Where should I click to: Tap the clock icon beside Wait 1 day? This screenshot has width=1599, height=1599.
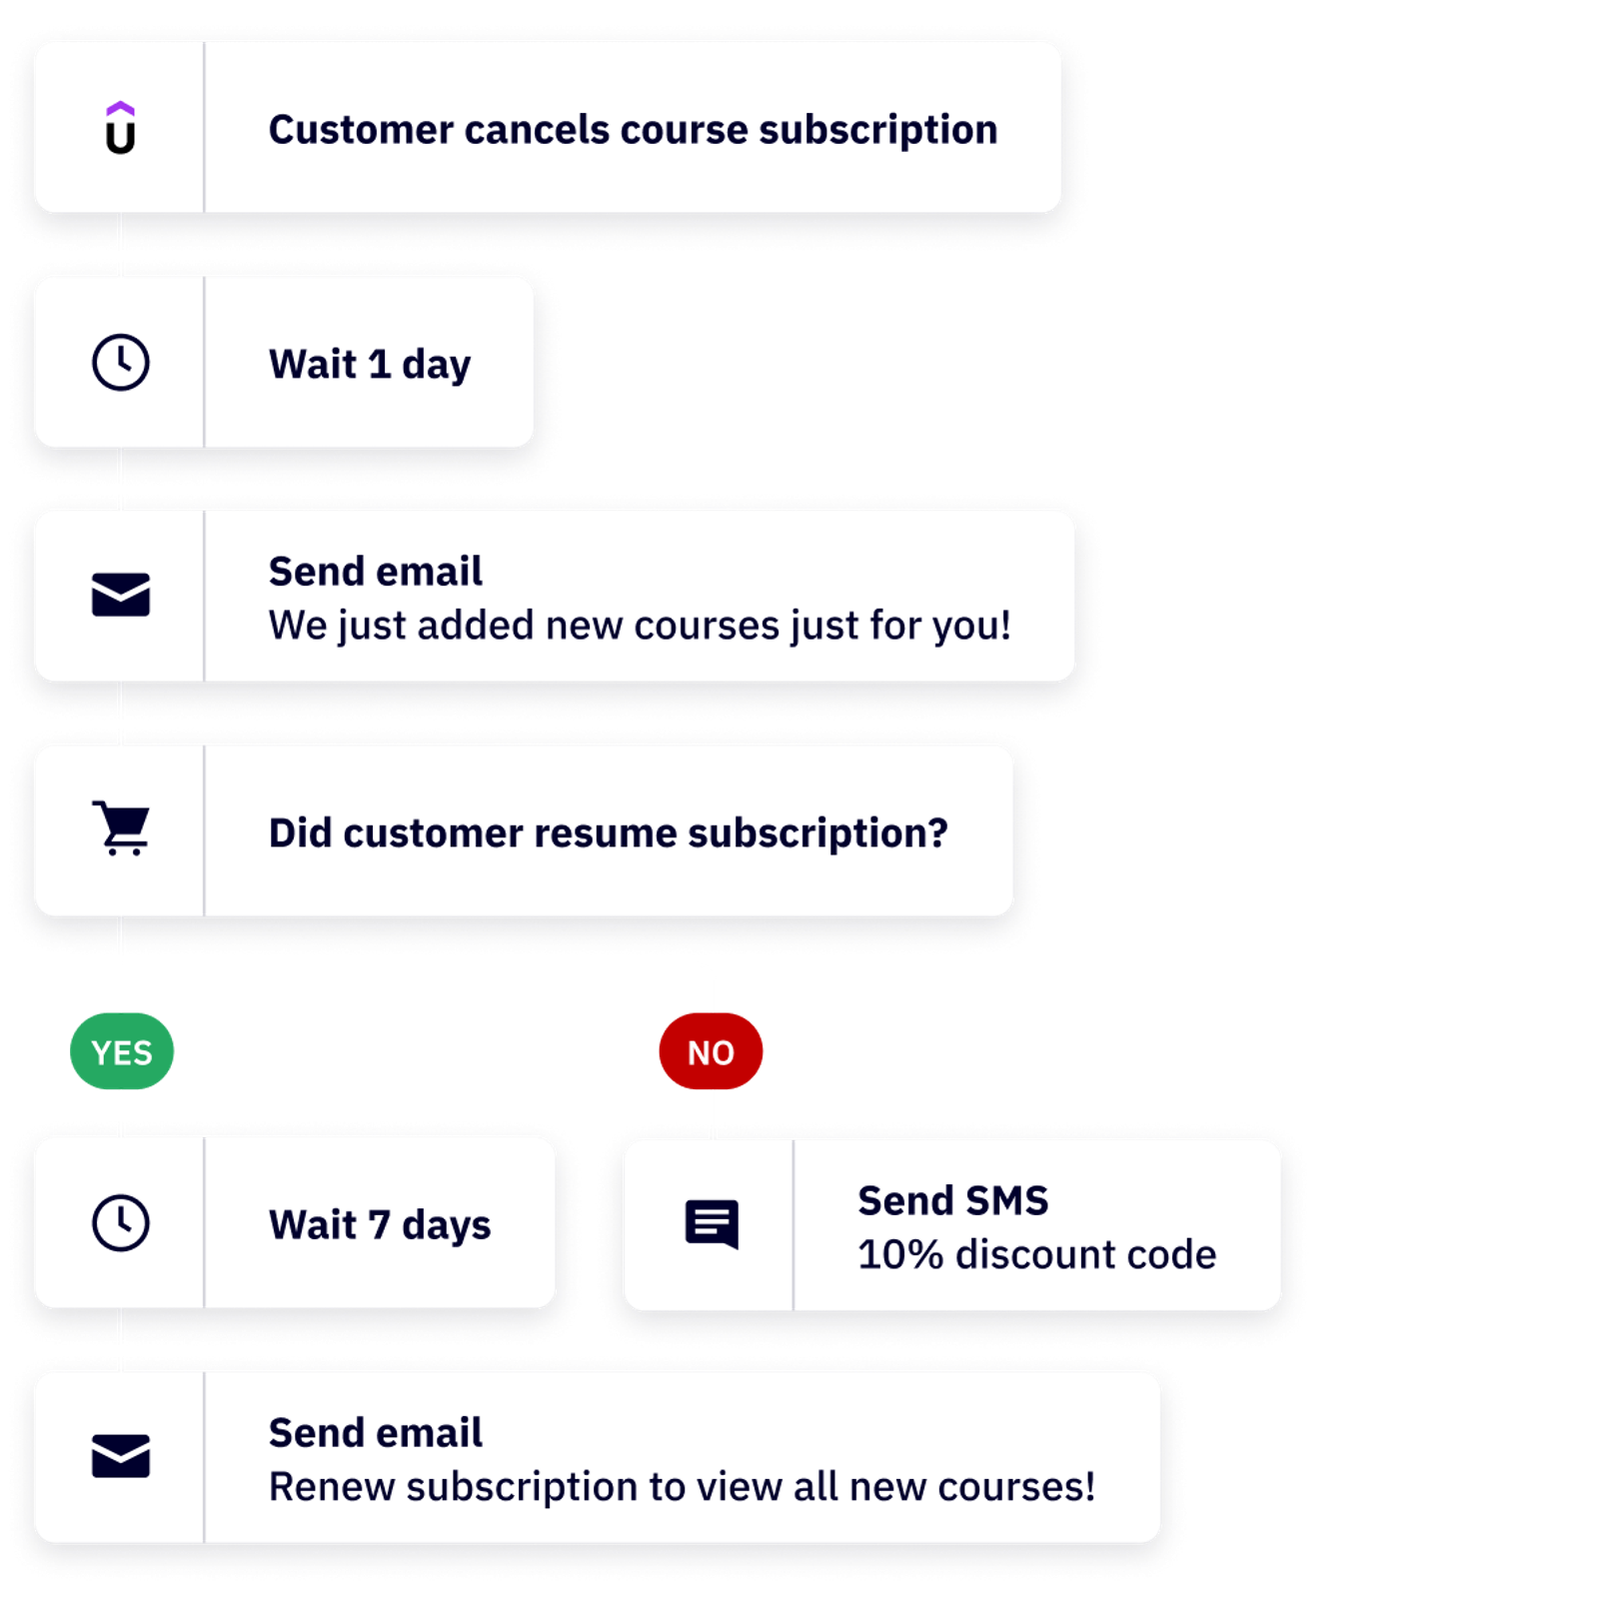coord(120,362)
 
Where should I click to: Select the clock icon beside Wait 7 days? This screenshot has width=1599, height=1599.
coord(120,1222)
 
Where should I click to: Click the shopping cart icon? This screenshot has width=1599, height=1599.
coord(121,827)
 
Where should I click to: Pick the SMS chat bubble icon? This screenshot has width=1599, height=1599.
coord(712,1223)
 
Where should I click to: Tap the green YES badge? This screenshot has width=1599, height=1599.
coord(122,1051)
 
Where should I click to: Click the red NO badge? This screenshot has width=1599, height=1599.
coord(711,1051)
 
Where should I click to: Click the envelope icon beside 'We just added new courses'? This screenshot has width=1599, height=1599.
coord(120,595)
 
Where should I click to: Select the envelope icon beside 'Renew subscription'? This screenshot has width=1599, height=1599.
coord(120,1456)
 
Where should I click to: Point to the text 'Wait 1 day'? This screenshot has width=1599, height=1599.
coord(369,365)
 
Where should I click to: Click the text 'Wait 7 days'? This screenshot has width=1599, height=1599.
coord(379,1225)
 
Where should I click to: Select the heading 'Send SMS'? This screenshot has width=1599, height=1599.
coord(952,1200)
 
